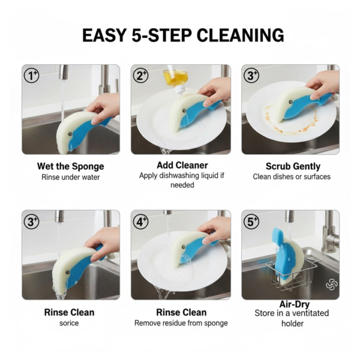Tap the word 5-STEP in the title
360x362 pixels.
coord(151,35)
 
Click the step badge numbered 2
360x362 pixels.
coord(142,75)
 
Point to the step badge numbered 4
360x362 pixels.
coord(142,221)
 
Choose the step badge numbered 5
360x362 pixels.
coord(251,221)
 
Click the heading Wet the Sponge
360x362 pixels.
coord(71,166)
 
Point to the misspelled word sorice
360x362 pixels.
coord(70,323)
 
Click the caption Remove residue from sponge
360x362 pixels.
coord(181,323)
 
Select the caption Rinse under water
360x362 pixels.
coord(70,177)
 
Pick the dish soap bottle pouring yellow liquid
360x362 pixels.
coord(175,78)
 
